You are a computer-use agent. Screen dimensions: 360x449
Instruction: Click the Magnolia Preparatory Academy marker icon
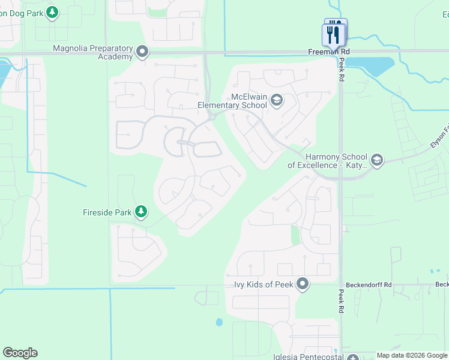coord(142,52)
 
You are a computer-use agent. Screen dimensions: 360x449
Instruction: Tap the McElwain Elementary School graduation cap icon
coord(277,100)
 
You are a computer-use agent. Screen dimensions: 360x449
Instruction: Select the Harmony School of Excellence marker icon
coord(377,160)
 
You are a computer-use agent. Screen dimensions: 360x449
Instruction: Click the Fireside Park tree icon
coord(141,211)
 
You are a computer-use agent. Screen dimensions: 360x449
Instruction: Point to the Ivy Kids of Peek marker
coord(303,284)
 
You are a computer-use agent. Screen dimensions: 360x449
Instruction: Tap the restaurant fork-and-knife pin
coord(334,34)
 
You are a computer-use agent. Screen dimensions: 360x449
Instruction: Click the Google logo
coord(20,353)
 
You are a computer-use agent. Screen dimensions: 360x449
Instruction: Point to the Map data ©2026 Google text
coord(412,356)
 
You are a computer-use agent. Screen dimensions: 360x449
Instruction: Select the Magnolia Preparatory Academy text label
coord(92,52)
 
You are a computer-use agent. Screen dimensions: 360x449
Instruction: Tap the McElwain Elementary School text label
coord(232,101)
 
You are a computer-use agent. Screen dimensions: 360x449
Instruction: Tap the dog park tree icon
coord(52,11)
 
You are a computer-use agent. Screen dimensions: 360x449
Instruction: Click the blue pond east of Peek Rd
coord(371,66)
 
